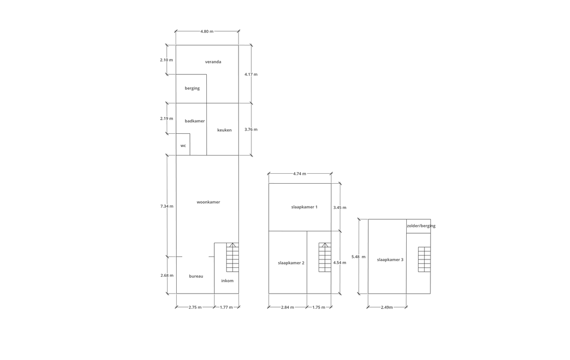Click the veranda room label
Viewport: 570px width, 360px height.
(213, 62)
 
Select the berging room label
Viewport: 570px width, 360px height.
(192, 89)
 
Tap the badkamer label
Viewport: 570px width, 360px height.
(194, 121)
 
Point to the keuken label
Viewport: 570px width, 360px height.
(224, 130)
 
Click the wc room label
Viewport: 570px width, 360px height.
(183, 146)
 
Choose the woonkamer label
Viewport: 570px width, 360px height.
(208, 202)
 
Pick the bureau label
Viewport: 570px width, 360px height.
(196, 276)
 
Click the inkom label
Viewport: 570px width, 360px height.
(227, 281)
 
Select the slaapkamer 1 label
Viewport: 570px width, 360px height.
(304, 207)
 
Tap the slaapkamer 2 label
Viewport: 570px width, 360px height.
(291, 263)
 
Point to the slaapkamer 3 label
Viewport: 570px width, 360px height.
(390, 259)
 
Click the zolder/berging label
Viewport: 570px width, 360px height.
(421, 226)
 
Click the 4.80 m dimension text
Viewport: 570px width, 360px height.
(207, 31)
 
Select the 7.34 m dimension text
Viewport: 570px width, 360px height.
(167, 206)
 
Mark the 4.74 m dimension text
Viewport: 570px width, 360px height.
(299, 174)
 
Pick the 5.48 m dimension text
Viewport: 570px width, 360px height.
(358, 257)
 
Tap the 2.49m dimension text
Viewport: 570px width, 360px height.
(387, 308)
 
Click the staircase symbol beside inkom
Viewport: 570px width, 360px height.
(233, 257)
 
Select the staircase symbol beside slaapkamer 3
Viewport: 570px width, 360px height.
(424, 259)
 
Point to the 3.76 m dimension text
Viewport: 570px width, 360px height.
(251, 129)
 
